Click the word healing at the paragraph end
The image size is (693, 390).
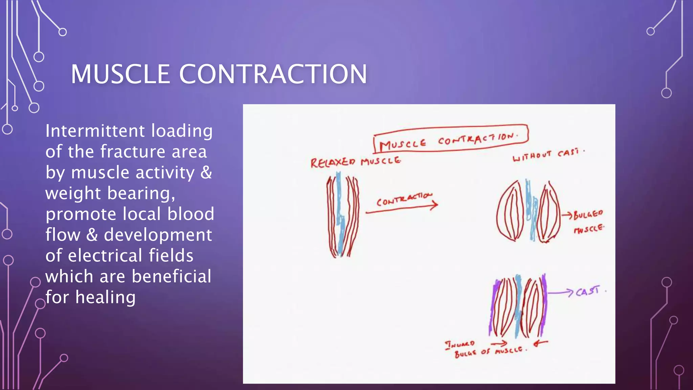(x=105, y=297)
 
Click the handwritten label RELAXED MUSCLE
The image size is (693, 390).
(x=355, y=162)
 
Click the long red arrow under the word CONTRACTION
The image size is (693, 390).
(x=401, y=209)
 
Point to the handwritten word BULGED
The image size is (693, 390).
(x=588, y=214)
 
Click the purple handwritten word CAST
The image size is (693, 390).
(x=588, y=291)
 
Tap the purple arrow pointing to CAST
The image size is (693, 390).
(x=560, y=292)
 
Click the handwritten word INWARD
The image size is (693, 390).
(x=460, y=345)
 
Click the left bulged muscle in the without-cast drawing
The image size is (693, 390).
(x=510, y=212)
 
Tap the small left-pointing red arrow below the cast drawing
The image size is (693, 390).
(x=540, y=344)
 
